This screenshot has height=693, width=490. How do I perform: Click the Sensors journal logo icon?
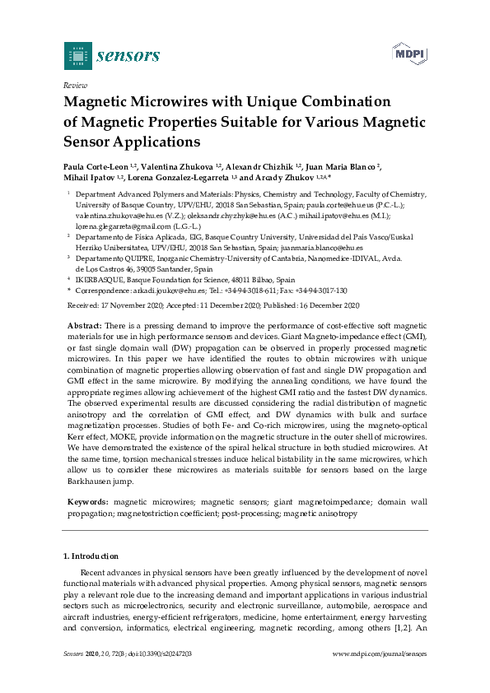[x=78, y=55]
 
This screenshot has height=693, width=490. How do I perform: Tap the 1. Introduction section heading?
[x=91, y=556]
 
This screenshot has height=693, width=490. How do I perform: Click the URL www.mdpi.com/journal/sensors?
[x=379, y=653]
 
